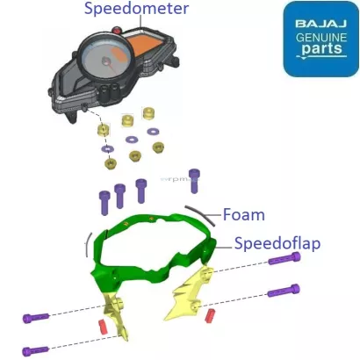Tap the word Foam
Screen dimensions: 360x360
point(243,213)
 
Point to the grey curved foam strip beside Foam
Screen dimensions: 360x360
point(204,212)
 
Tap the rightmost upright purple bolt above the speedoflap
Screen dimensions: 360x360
point(194,180)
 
